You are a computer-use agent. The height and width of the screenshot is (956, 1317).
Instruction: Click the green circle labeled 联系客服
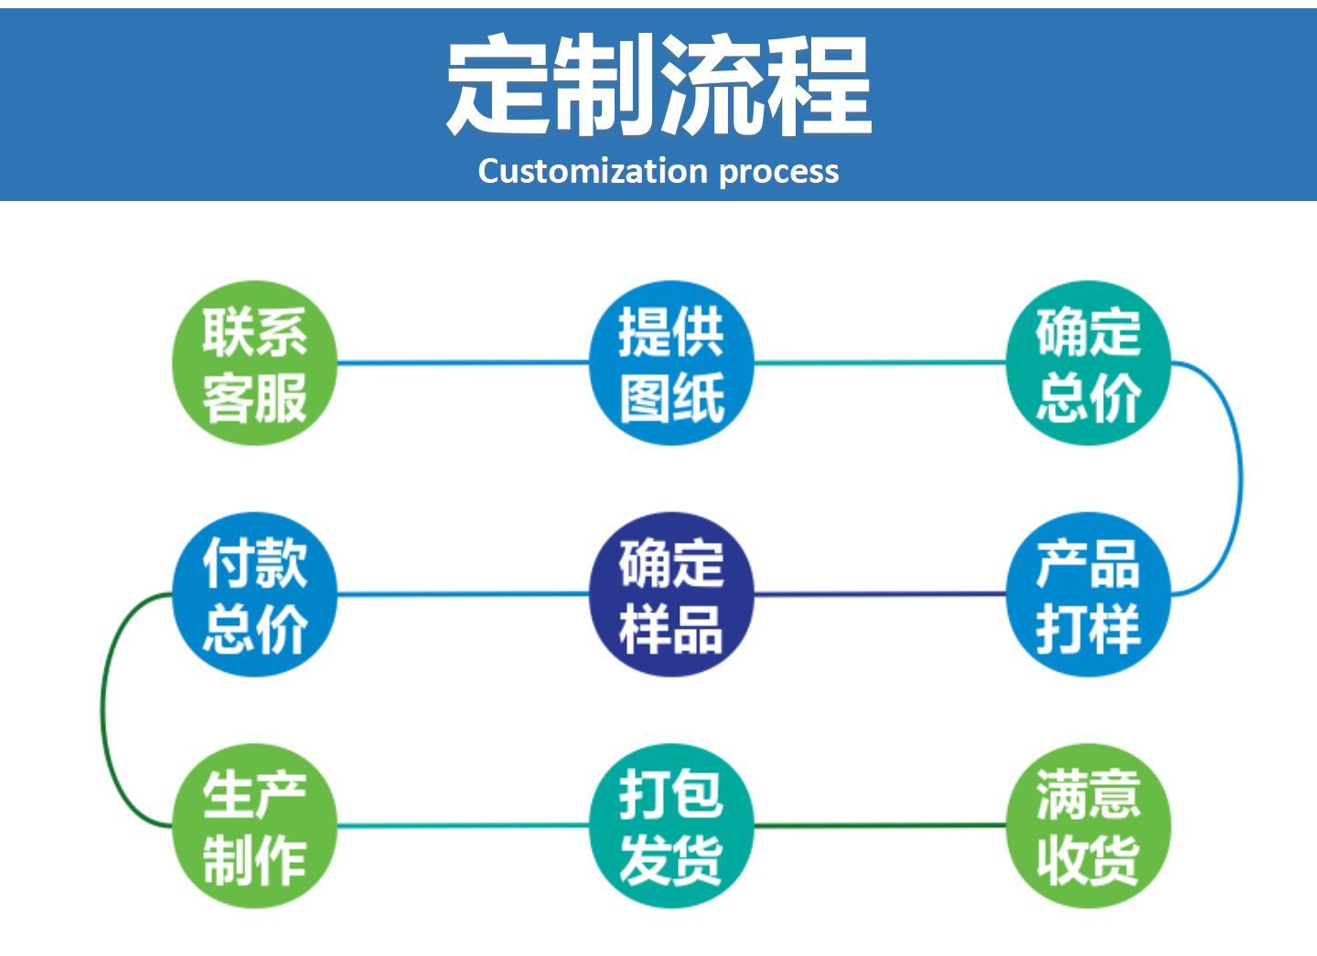tap(254, 363)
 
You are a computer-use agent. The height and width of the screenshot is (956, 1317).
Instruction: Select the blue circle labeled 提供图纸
tap(672, 363)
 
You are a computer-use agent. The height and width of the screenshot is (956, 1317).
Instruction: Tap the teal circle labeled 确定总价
tap(1087, 363)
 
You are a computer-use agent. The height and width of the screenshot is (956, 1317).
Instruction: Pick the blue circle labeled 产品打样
tap(1087, 594)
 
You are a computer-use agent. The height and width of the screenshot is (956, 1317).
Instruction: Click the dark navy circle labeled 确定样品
tap(672, 594)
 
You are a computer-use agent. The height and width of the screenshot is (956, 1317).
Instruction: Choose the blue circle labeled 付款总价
tap(254, 594)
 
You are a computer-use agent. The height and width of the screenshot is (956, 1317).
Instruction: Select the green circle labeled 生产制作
tap(254, 825)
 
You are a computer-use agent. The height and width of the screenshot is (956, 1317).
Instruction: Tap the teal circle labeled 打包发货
tap(672, 825)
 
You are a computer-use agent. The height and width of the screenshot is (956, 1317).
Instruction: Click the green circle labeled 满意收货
tap(1087, 825)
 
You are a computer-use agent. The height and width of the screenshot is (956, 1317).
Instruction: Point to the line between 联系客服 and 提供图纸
tap(463, 363)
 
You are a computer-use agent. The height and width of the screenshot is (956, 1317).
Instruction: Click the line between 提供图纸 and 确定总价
tap(880, 363)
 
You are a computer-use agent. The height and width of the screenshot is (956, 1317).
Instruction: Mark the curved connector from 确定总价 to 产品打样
tap(1240, 478)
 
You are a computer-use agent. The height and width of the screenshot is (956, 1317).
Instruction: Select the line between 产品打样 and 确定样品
tap(880, 594)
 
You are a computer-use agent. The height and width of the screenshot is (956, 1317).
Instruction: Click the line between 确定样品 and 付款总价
tap(463, 594)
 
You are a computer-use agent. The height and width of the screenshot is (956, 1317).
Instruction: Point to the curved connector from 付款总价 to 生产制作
tap(102, 710)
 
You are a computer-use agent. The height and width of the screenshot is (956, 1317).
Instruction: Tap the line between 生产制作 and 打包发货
tap(463, 825)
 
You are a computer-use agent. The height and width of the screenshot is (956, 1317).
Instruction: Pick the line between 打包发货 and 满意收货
tap(880, 825)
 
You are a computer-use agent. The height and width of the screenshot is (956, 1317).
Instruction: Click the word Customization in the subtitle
tap(592, 171)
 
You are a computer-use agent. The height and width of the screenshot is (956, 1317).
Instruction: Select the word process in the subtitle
tap(778, 173)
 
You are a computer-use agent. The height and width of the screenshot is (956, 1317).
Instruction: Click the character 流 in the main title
tap(712, 84)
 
